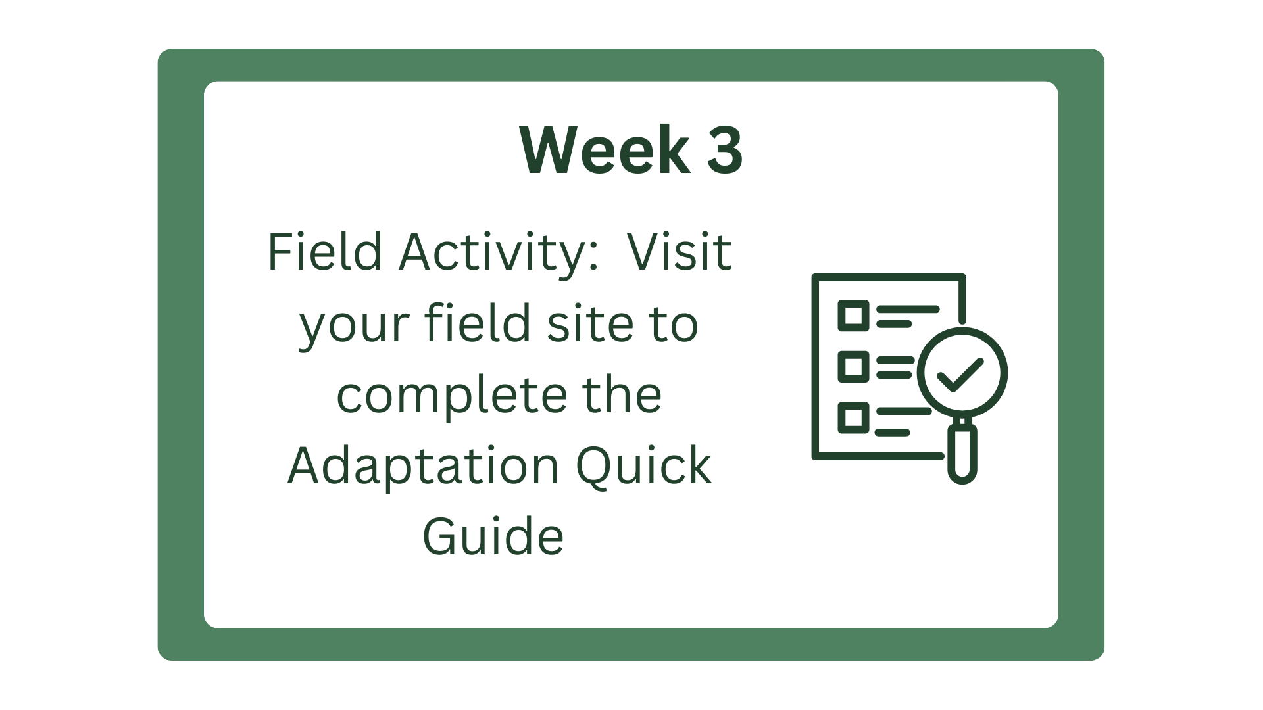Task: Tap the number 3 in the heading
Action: tap(725, 151)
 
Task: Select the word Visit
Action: tap(679, 252)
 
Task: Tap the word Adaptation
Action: tap(423, 465)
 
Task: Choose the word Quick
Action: tap(643, 465)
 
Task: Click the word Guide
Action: tap(493, 536)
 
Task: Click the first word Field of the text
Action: tap(324, 252)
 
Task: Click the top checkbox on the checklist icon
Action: tap(853, 316)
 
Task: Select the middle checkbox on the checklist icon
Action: tap(853, 366)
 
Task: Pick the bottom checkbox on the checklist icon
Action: tap(853, 417)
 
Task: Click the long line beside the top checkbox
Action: tap(908, 308)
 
